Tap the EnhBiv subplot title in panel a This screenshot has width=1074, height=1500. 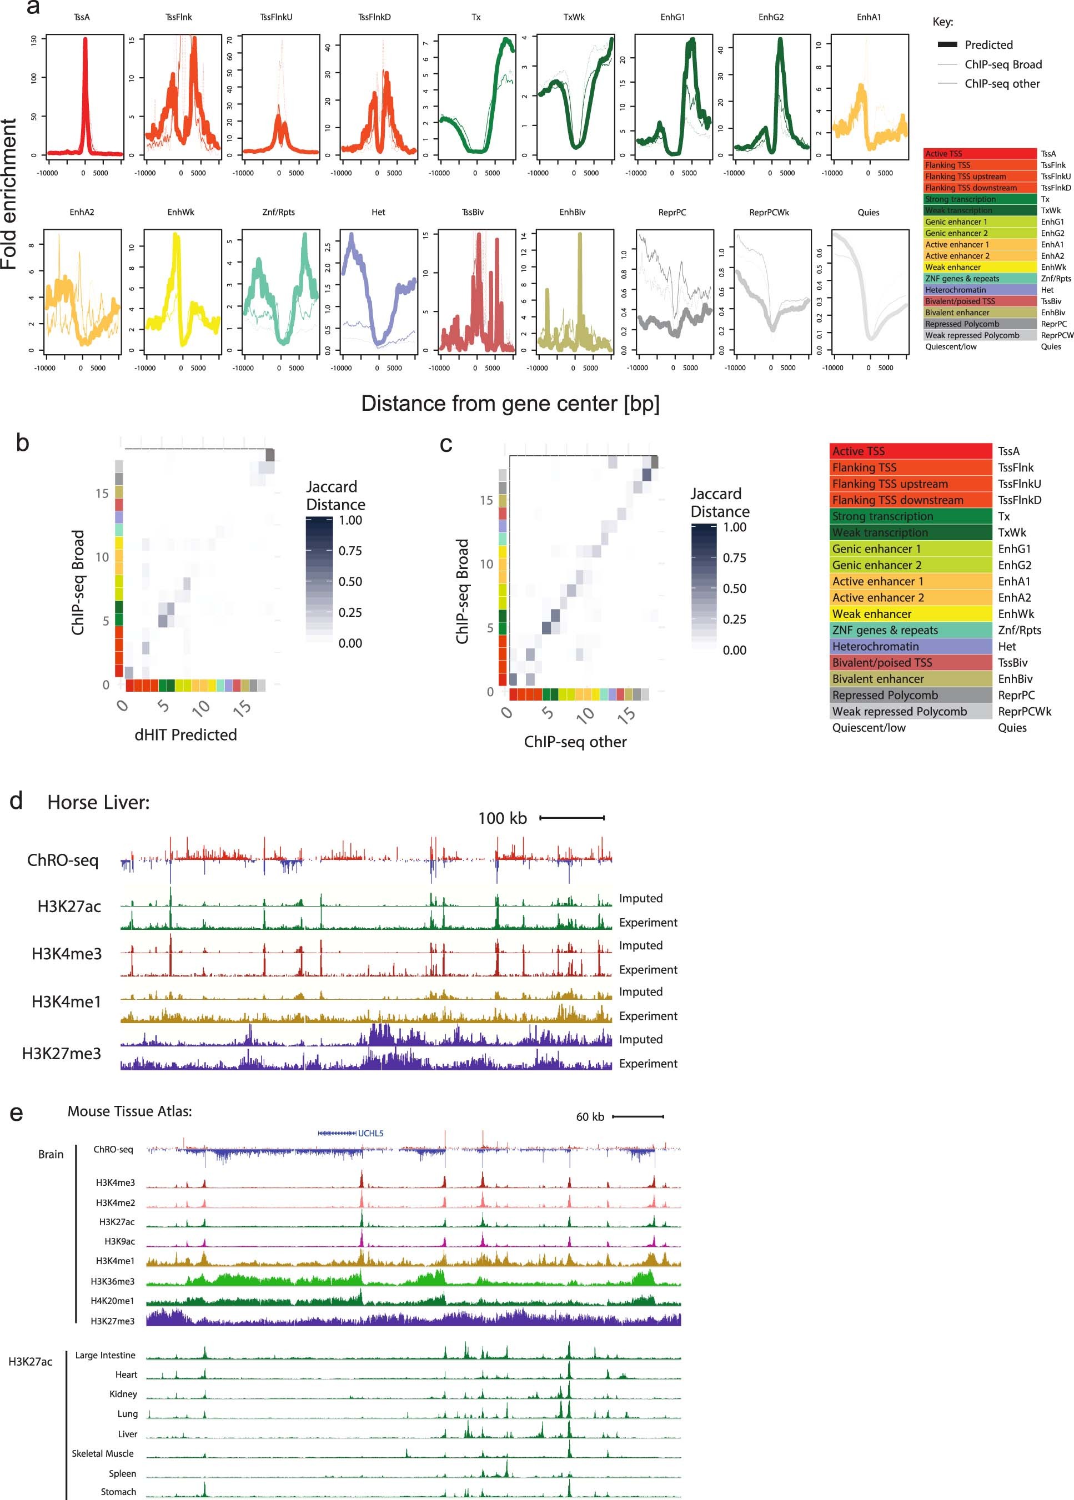(x=572, y=212)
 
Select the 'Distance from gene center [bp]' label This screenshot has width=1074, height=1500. (x=510, y=403)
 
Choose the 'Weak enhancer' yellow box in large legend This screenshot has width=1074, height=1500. (x=911, y=614)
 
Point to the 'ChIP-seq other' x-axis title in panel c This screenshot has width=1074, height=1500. (x=575, y=742)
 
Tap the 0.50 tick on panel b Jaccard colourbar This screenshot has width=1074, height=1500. (x=350, y=582)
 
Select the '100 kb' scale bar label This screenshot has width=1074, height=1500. (x=502, y=818)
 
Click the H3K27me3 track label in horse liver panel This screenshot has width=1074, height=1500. (x=62, y=1053)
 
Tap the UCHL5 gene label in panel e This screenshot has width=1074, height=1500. (x=370, y=1133)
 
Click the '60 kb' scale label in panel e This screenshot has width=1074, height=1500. (x=590, y=1116)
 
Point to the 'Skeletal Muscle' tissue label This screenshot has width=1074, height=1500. (x=103, y=1453)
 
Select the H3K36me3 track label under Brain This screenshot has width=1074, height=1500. (x=112, y=1281)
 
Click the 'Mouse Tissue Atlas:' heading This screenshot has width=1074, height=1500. (x=129, y=1111)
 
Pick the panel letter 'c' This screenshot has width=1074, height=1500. (x=446, y=444)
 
